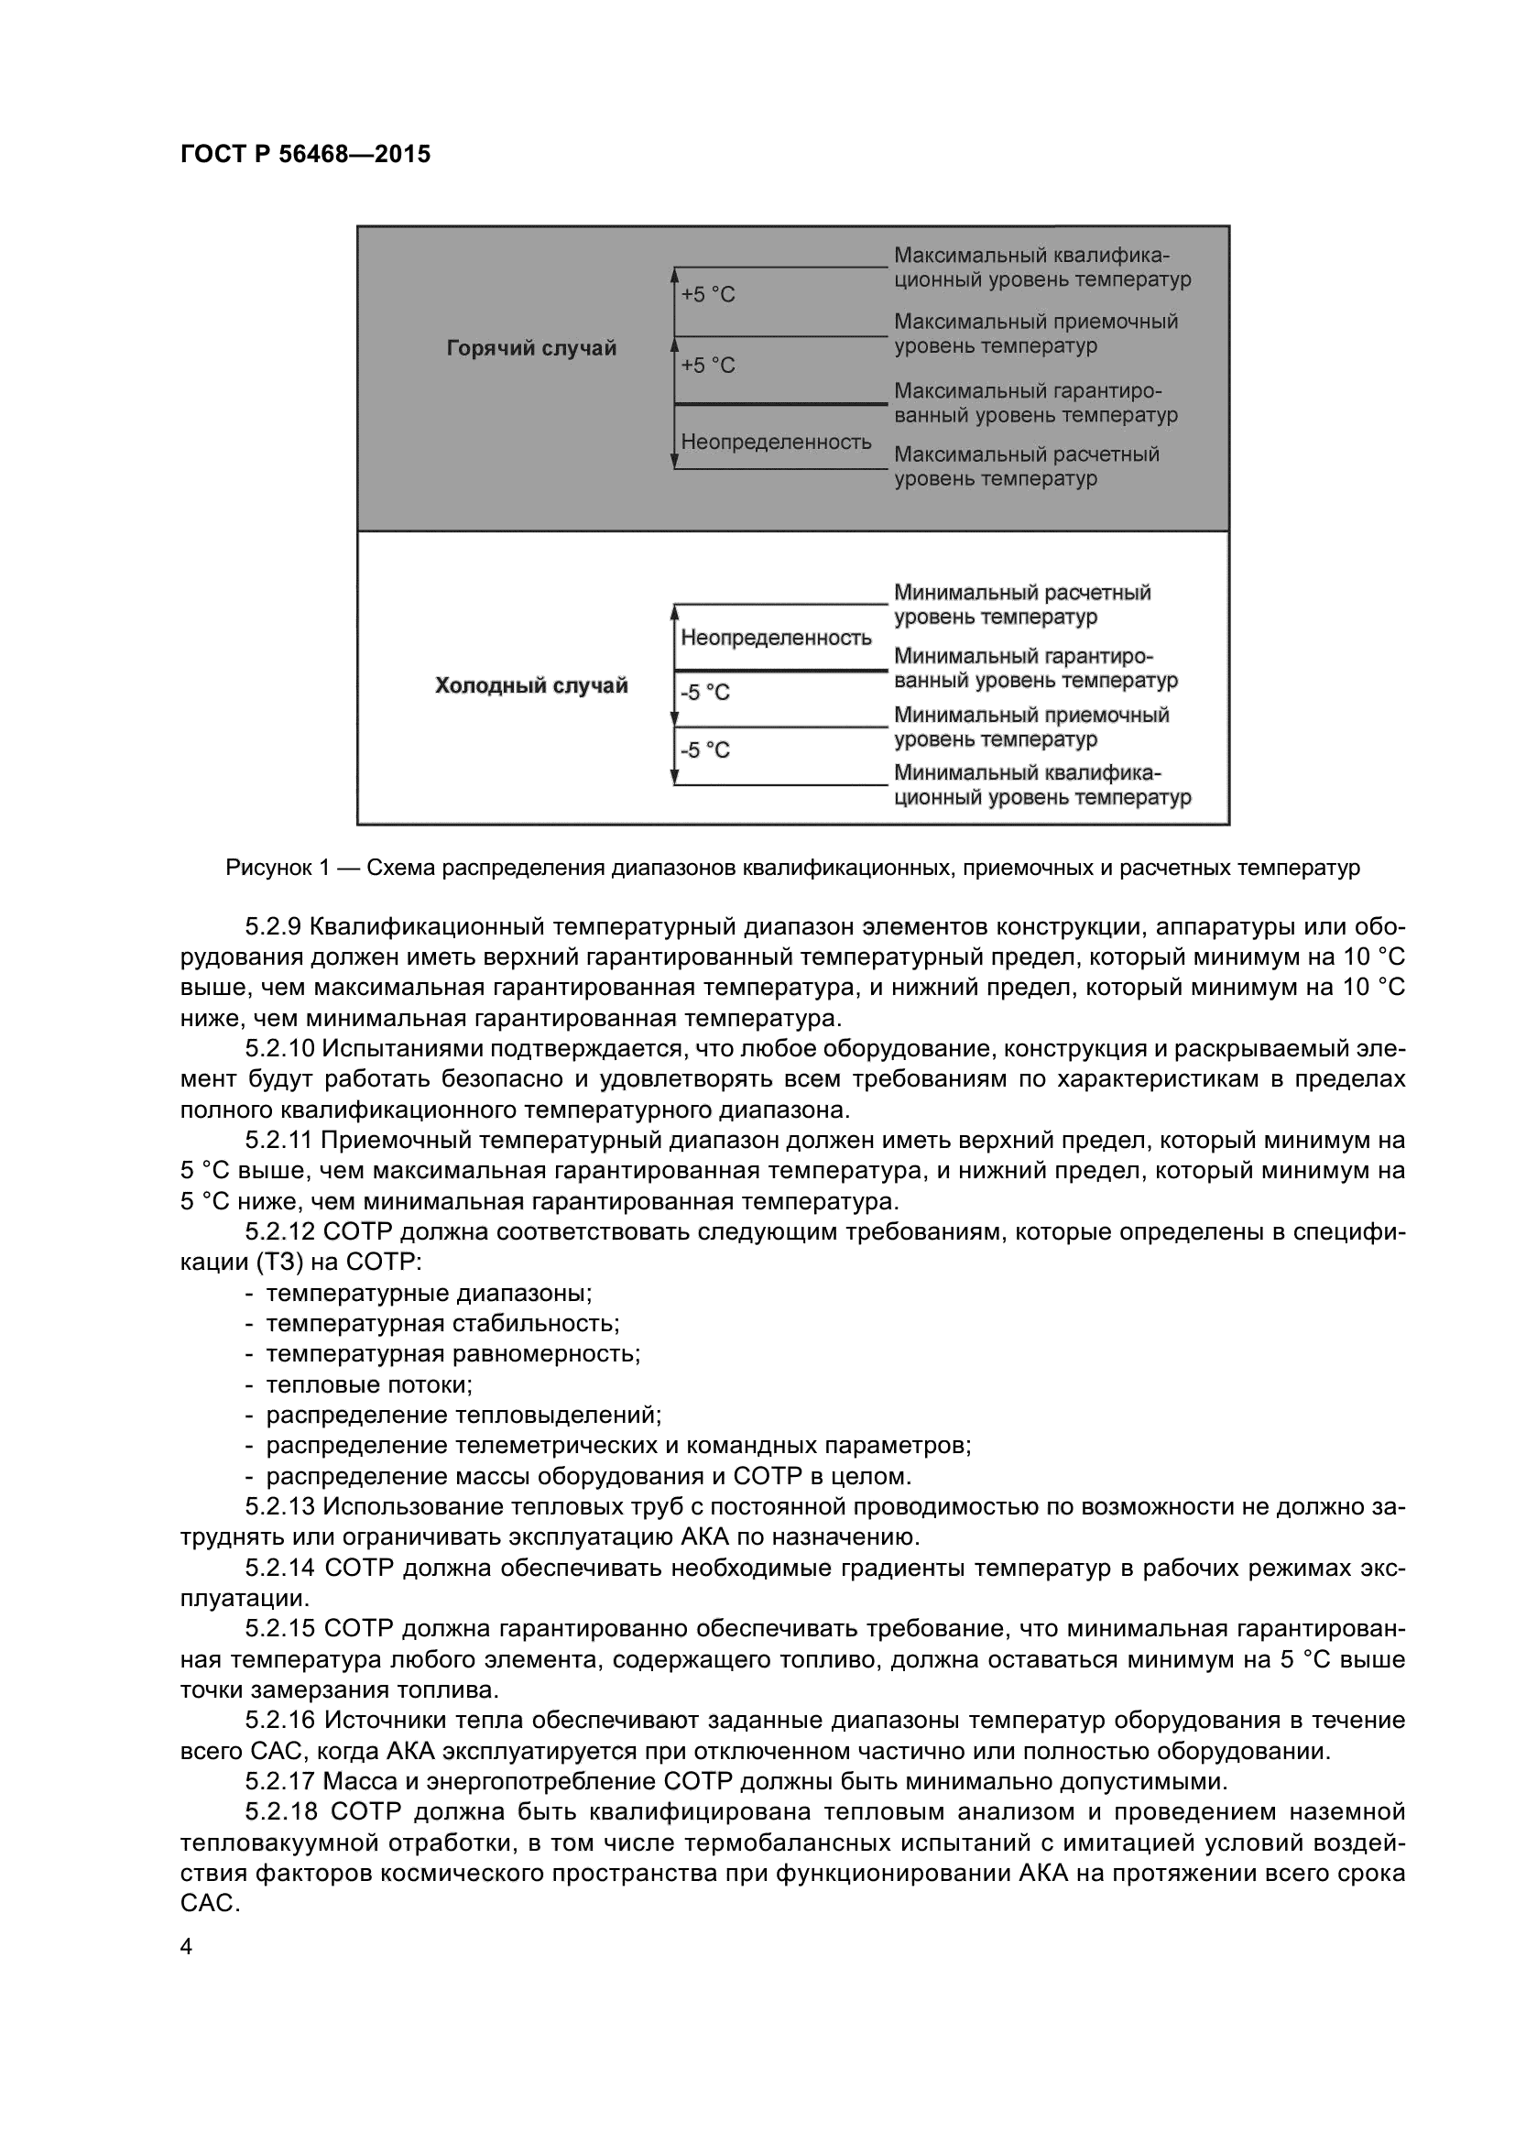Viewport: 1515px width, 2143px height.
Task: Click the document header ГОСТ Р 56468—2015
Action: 305,154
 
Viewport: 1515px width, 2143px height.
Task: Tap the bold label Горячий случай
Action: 531,348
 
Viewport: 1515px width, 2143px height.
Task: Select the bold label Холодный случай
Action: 531,686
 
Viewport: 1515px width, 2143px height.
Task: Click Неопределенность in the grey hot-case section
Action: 775,442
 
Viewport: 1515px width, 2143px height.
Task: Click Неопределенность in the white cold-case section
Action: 775,638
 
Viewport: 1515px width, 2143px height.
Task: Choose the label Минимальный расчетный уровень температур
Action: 1021,604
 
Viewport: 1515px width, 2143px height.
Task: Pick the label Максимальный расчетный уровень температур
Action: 1025,465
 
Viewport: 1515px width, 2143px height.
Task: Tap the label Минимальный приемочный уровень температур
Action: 1030,727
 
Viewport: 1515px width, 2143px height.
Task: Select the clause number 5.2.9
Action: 273,927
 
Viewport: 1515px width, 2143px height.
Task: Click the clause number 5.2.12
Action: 279,1232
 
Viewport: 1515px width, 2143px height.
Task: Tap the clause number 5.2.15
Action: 279,1629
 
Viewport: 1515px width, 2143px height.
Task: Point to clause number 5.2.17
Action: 279,1782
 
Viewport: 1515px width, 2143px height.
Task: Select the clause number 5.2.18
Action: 279,1812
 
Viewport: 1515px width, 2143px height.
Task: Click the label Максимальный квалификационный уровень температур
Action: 1041,267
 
